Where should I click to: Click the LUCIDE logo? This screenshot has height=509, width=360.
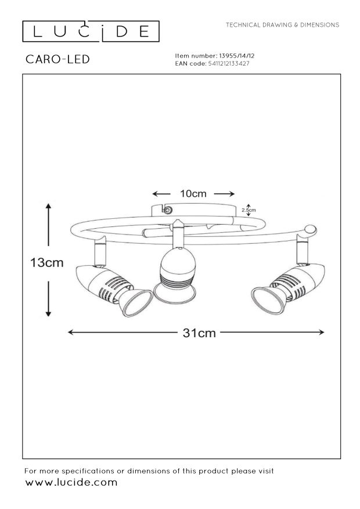click(91, 31)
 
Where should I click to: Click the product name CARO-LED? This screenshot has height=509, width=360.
click(58, 59)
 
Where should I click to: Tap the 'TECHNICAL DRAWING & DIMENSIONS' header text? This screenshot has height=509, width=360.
click(282, 25)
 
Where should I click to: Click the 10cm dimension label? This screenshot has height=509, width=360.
click(193, 194)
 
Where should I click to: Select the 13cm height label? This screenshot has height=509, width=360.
click(47, 262)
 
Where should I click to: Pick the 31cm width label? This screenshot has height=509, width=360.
click(199, 333)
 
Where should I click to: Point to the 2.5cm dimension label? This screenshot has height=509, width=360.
click(249, 210)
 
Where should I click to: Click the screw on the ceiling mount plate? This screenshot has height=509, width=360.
click(168, 210)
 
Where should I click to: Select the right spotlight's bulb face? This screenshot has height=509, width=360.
click(265, 301)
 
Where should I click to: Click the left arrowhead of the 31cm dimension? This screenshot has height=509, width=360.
click(71, 332)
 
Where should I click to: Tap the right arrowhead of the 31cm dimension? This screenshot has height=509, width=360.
click(321, 332)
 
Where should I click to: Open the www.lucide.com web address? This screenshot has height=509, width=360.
click(71, 482)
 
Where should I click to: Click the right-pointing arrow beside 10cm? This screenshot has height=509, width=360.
click(224, 194)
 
